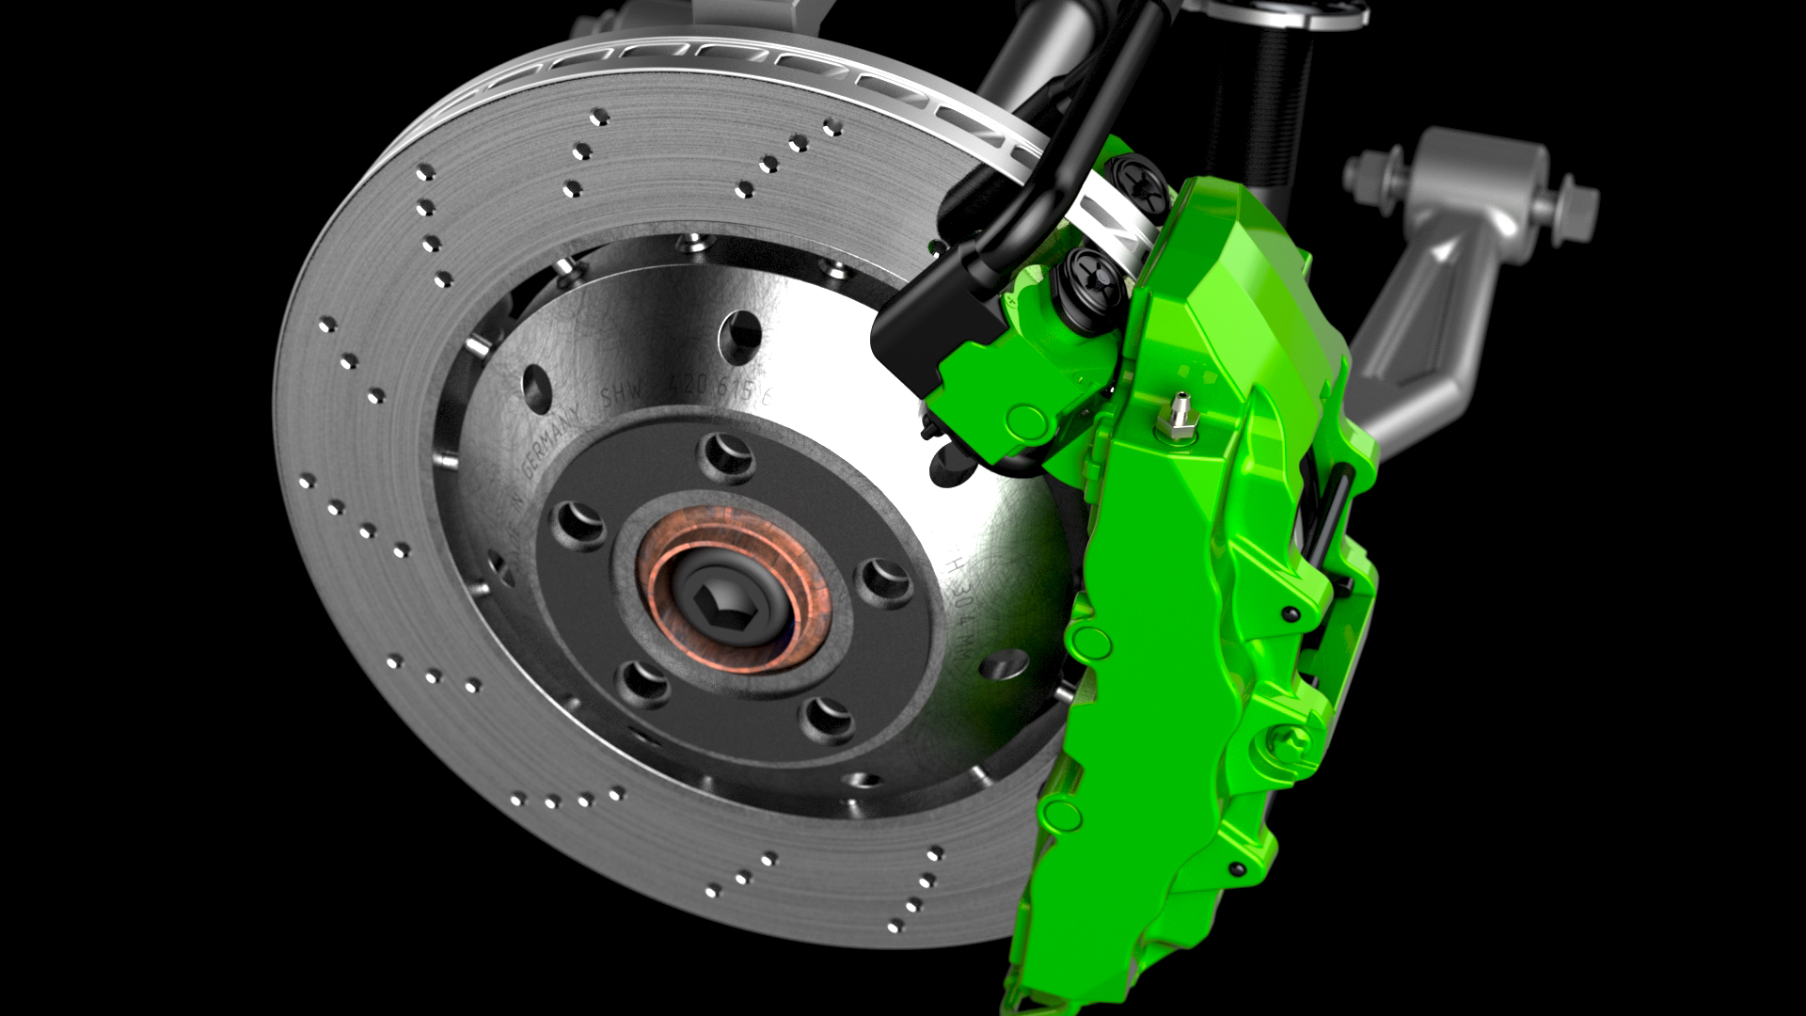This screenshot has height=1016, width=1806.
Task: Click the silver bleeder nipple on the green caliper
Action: pos(1176,419)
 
